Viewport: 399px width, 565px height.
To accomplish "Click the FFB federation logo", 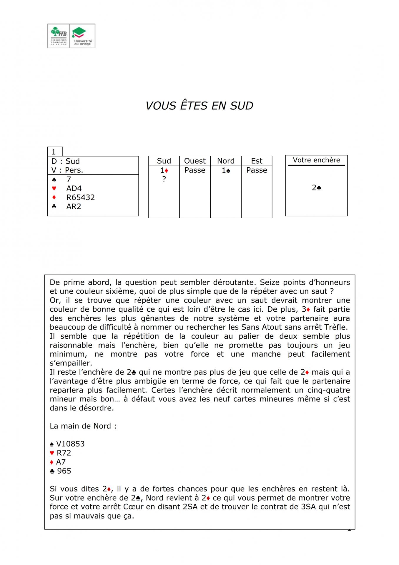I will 59,36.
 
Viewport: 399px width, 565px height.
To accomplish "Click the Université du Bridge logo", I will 83,36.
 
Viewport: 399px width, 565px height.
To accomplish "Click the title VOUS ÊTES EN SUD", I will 199,106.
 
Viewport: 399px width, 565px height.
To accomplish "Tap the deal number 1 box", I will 55,152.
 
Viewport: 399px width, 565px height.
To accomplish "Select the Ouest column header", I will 195,161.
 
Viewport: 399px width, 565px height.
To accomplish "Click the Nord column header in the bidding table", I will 226,161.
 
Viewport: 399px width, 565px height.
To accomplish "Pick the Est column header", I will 257,161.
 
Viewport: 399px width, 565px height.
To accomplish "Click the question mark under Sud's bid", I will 164,179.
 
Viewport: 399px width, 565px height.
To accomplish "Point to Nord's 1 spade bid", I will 226,170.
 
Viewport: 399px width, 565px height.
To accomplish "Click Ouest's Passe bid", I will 195,170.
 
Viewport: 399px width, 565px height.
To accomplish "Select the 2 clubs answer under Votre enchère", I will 316,188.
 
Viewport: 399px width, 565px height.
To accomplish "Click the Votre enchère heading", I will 316,160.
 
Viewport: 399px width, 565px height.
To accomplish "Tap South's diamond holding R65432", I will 80,197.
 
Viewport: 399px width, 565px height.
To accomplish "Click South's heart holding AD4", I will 74,188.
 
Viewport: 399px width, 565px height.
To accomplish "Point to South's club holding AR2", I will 74,206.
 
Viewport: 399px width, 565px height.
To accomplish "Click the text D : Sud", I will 66,161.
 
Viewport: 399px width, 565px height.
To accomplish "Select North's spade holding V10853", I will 70,444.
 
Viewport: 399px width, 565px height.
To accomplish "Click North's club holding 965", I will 64,471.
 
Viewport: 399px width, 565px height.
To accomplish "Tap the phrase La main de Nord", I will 83,426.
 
